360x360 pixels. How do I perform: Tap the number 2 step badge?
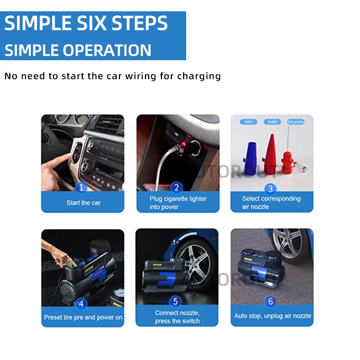click(x=176, y=188)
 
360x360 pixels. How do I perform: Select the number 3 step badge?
click(x=271, y=189)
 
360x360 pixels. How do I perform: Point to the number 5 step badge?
click(x=176, y=301)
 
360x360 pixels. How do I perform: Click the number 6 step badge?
click(x=271, y=301)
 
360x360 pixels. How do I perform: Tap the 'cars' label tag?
click(x=249, y=122)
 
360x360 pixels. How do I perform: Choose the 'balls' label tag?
click(x=273, y=122)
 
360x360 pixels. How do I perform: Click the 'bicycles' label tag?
click(x=296, y=122)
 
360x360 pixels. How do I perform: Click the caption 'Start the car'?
click(x=83, y=203)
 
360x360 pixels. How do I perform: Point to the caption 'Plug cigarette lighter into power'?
click(x=178, y=203)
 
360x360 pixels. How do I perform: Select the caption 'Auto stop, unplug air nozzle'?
click(x=273, y=316)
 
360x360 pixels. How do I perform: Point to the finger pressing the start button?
click(x=57, y=163)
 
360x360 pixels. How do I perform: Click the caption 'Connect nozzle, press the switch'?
click(x=177, y=317)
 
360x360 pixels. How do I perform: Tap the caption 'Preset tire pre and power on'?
click(x=83, y=317)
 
